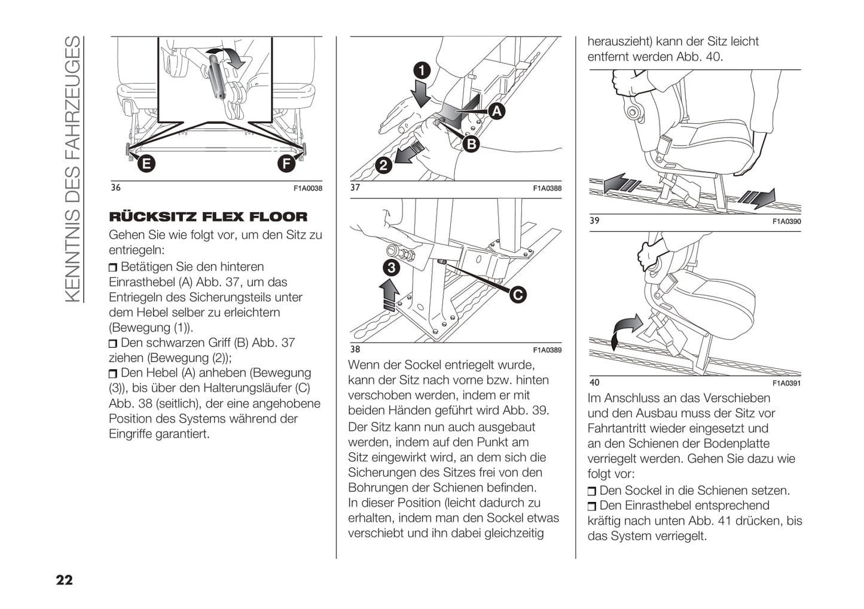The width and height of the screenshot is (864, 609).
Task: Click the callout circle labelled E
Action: tap(145, 163)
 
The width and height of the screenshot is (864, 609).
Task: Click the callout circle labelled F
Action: tap(287, 163)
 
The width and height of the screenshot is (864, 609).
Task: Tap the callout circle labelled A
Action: tap(496, 111)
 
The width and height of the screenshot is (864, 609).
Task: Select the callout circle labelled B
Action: tap(472, 144)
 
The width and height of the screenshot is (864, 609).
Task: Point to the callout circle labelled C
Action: tap(518, 294)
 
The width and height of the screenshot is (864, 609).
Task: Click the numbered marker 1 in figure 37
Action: tap(422, 71)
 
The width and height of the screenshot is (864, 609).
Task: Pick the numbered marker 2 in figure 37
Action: tap(383, 165)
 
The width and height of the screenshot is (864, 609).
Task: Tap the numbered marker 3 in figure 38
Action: tap(391, 267)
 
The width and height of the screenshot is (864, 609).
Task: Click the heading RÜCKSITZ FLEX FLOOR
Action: tap(208, 217)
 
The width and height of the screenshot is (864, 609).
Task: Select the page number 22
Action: tap(64, 580)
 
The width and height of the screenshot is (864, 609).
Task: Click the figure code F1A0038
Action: tap(308, 188)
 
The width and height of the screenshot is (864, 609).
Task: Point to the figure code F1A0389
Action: tap(547, 350)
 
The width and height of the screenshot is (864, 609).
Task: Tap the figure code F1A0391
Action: tap(786, 383)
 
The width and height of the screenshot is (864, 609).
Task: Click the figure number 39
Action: tap(594, 221)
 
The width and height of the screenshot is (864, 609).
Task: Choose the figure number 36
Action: tap(115, 188)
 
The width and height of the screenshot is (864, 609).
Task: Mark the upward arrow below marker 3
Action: tap(390, 296)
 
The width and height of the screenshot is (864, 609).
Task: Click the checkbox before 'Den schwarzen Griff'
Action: tap(114, 344)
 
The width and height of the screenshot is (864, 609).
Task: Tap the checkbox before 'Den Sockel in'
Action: tap(592, 491)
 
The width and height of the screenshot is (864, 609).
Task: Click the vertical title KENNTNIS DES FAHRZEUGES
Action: tap(72, 169)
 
